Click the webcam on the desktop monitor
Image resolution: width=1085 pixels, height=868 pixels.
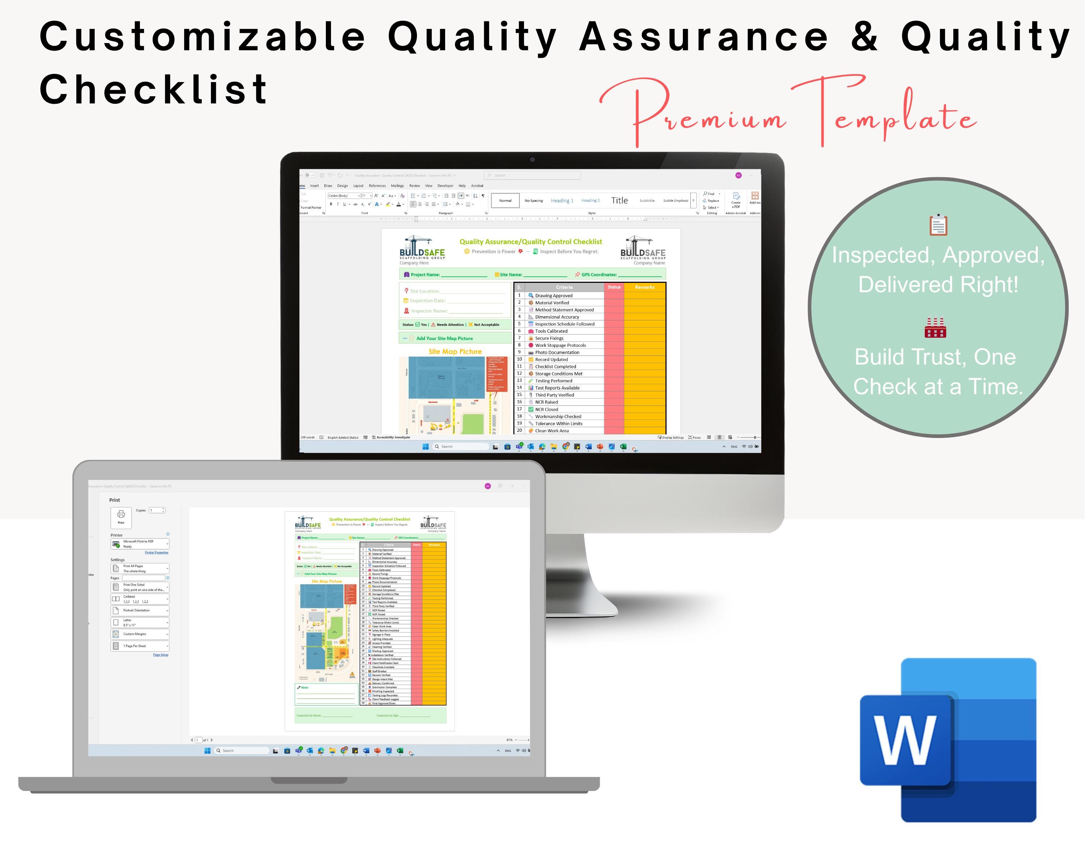point(532,159)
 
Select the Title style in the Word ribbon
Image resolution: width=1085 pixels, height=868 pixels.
point(619,201)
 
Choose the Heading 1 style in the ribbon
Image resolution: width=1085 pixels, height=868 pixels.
point(562,201)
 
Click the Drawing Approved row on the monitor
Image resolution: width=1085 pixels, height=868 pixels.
point(554,296)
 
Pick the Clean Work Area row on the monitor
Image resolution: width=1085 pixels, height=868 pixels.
point(552,431)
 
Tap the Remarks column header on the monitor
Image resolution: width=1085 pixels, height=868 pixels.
point(644,287)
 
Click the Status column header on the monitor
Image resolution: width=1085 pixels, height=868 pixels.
point(614,287)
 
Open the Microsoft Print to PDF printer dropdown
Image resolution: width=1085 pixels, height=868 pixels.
point(140,544)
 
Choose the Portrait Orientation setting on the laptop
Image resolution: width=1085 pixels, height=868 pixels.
point(140,610)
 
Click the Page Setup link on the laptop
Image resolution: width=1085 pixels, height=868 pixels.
point(161,655)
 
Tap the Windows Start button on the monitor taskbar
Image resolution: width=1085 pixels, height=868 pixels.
point(425,446)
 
